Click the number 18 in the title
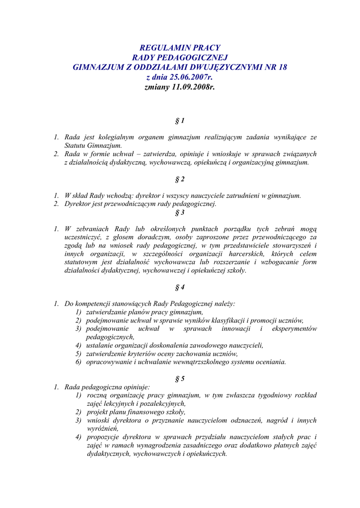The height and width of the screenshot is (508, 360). click(283, 67)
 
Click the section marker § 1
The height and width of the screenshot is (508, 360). click(180, 121)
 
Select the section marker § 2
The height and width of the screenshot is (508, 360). click(180, 179)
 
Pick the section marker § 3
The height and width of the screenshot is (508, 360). click(180, 212)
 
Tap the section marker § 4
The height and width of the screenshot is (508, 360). click(180, 287)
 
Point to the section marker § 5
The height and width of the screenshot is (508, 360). click(180, 379)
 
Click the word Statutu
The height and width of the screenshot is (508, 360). click(75, 145)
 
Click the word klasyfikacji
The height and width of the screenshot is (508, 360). click(227, 320)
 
